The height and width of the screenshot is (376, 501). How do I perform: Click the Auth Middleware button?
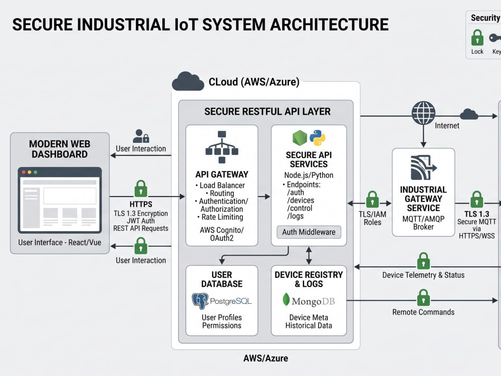click(x=309, y=232)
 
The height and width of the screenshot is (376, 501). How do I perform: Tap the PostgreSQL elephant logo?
click(x=200, y=301)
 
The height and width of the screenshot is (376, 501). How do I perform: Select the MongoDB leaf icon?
click(x=286, y=300)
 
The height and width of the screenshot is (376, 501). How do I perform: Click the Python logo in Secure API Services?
click(x=318, y=138)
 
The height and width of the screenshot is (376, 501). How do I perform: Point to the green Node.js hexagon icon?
click(x=300, y=138)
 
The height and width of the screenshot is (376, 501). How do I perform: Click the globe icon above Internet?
click(x=423, y=113)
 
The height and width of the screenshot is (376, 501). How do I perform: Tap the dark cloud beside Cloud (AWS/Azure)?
click(x=188, y=81)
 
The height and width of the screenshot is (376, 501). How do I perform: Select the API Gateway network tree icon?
click(x=222, y=147)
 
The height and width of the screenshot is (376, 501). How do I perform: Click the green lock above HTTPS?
click(x=141, y=189)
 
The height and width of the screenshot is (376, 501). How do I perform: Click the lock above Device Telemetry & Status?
click(x=423, y=261)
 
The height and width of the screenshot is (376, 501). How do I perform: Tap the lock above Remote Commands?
click(x=423, y=297)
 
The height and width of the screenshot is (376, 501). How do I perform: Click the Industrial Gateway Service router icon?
click(x=423, y=167)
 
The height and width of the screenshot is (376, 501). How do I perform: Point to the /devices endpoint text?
click(x=300, y=201)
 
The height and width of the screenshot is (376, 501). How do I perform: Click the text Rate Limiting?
click(x=222, y=217)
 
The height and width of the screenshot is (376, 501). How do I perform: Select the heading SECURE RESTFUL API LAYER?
click(x=268, y=112)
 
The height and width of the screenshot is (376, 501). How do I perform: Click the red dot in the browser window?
click(x=24, y=172)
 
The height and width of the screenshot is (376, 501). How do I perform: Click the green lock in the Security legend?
click(x=477, y=38)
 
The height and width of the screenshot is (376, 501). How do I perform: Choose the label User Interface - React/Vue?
click(x=60, y=243)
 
